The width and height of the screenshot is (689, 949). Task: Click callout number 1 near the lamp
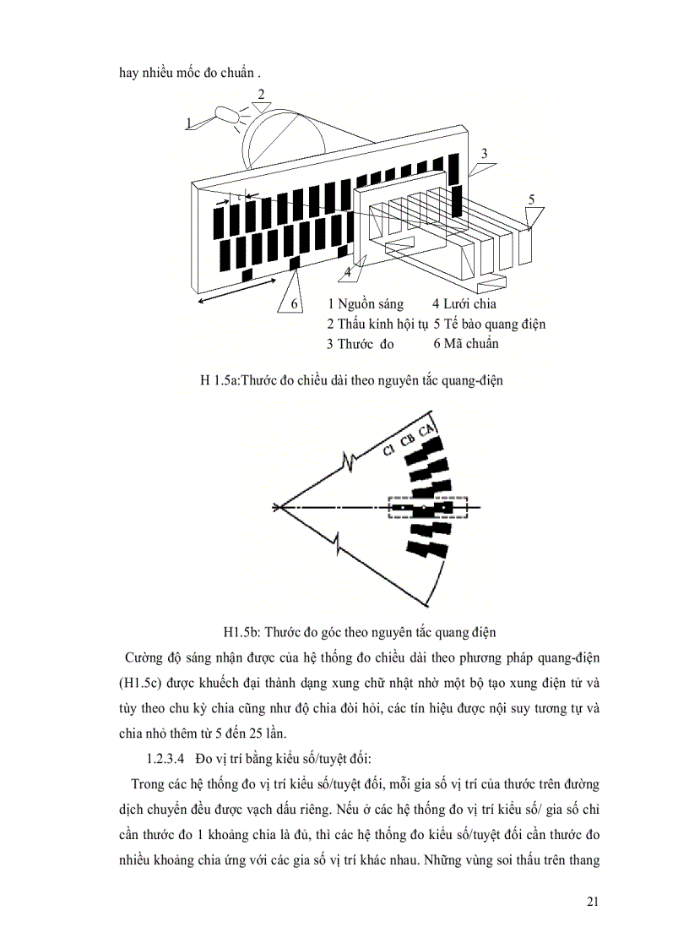(190, 123)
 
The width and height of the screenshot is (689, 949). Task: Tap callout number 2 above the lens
(261, 94)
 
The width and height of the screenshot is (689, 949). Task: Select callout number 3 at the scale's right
(483, 153)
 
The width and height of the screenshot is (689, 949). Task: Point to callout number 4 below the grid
(347, 273)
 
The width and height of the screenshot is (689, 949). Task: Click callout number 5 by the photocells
(531, 199)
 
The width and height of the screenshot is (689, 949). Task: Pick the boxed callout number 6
(294, 303)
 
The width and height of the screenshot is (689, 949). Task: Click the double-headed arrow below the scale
(231, 296)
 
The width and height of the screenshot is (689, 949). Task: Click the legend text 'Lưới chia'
(469, 303)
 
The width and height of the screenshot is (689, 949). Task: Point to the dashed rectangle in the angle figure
(427, 507)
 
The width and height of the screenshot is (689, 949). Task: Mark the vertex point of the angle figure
(277, 507)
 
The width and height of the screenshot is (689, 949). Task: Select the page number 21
(592, 902)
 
